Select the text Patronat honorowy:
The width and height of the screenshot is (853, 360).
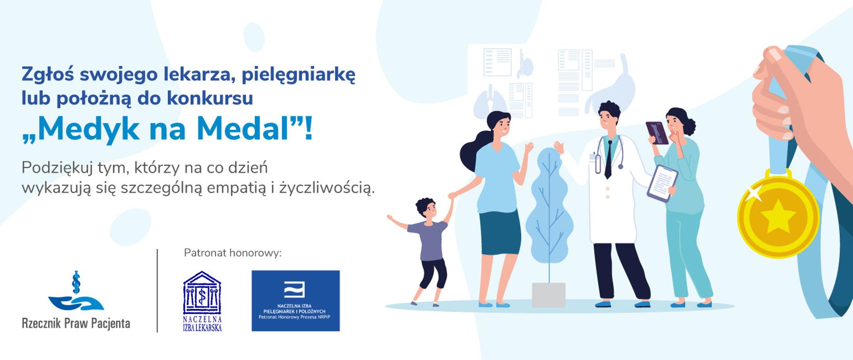pyautogui.click(x=233, y=253)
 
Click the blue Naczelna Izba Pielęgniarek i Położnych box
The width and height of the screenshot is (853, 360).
pyautogui.click(x=295, y=301)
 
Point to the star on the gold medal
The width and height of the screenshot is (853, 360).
pyautogui.click(x=778, y=217)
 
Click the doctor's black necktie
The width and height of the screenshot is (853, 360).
pyautogui.click(x=608, y=159)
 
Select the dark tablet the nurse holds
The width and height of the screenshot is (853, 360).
pyautogui.click(x=657, y=133)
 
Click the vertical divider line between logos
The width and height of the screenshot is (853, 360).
pyautogui.click(x=157, y=291)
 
